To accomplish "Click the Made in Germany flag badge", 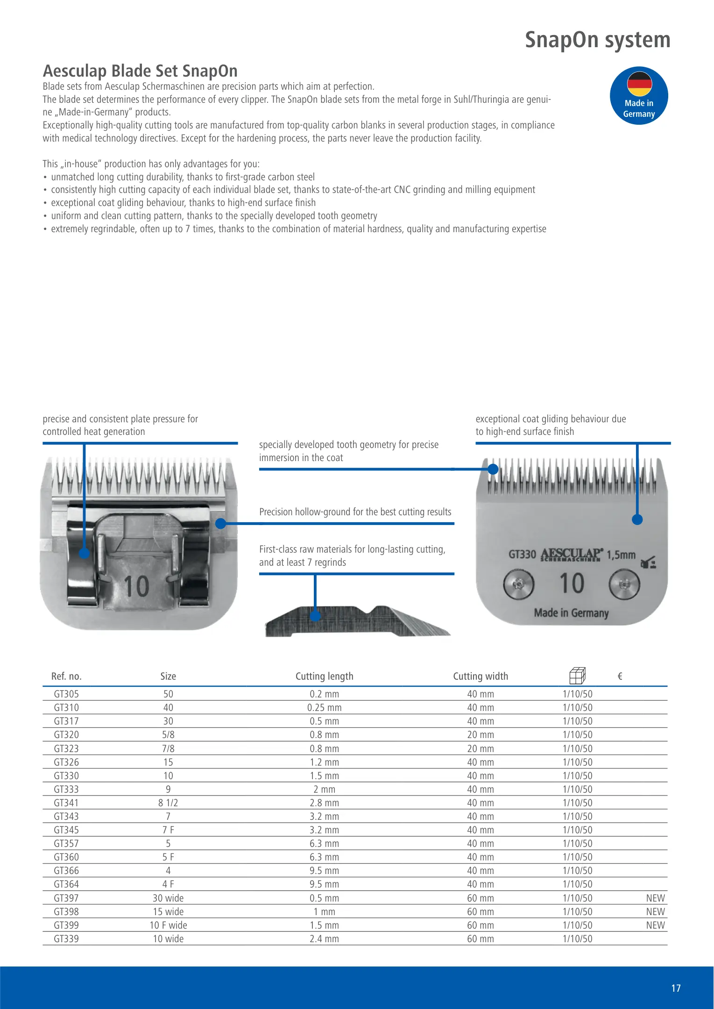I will pyautogui.click(x=638, y=96).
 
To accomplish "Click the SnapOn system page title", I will pyautogui.click(x=597, y=40).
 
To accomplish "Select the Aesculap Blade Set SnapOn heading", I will pyautogui.click(x=140, y=71).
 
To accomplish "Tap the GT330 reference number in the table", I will pyautogui.click(x=66, y=775).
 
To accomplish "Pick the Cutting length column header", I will pyautogui.click(x=324, y=676).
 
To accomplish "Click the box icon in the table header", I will pyautogui.click(x=577, y=675).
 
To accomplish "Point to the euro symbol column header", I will pyautogui.click(x=620, y=676).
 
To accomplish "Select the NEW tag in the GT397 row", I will pyautogui.click(x=655, y=898).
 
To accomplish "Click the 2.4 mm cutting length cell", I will pyautogui.click(x=324, y=938).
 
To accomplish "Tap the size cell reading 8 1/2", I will pyautogui.click(x=168, y=803).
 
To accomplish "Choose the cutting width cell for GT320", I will pyautogui.click(x=480, y=735).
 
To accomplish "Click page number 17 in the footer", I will pyautogui.click(x=676, y=988).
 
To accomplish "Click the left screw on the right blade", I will pyautogui.click(x=518, y=584).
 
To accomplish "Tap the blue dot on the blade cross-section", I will pyautogui.click(x=315, y=616).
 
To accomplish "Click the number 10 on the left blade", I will pyautogui.click(x=136, y=586).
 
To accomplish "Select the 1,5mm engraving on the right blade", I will pyautogui.click(x=621, y=555).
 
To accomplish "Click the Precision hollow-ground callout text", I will pyautogui.click(x=355, y=512).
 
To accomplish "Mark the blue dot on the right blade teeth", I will pyautogui.click(x=493, y=469).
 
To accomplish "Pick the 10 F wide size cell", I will pyautogui.click(x=168, y=925).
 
